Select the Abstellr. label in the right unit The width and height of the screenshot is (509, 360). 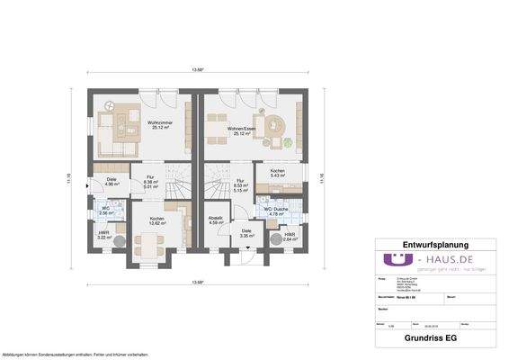click(x=215, y=218)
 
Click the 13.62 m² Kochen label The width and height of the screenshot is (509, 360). click(x=157, y=220)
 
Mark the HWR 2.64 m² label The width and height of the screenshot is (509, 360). click(x=290, y=237)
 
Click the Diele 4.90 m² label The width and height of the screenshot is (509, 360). click(x=111, y=181)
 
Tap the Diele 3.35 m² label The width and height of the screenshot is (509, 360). click(x=246, y=233)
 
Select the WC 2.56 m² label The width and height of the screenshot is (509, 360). click(x=105, y=211)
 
